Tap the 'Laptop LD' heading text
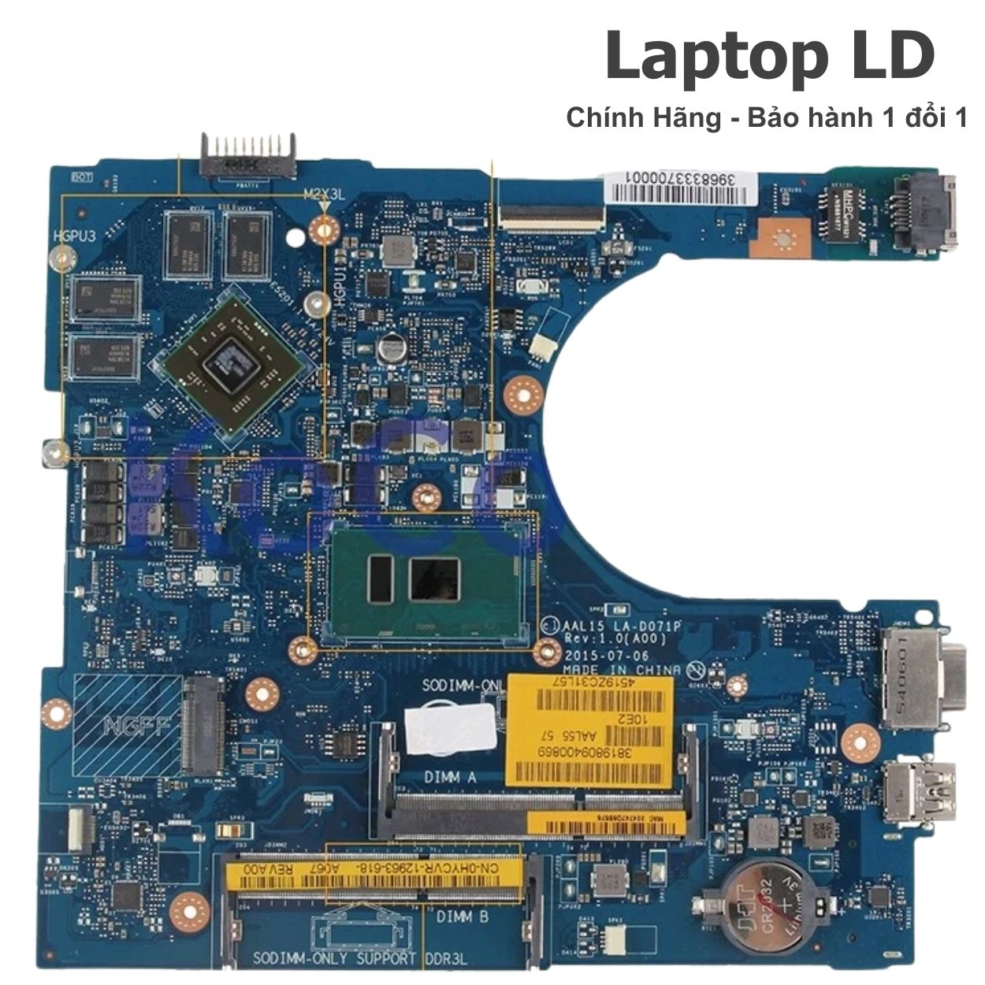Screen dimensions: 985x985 pos(769,57)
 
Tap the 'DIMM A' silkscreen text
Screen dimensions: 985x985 pos(450,777)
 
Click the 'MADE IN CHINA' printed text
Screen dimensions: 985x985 pos(623,671)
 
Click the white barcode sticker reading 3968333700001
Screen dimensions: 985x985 pos(676,183)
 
